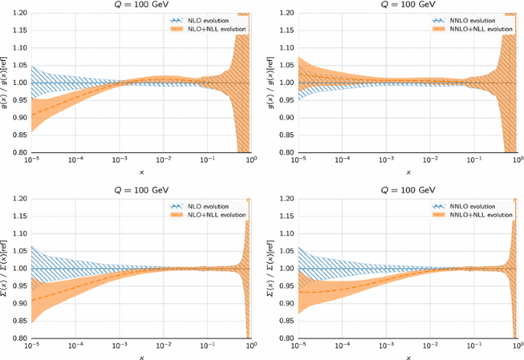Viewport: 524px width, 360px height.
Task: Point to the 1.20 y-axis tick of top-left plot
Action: click(x=20, y=14)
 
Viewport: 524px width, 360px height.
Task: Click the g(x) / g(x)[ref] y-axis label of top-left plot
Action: click(x=5, y=83)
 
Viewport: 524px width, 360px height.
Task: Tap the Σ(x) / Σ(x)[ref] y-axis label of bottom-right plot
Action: click(x=273, y=268)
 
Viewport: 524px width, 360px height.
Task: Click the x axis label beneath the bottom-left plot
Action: click(x=141, y=356)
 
